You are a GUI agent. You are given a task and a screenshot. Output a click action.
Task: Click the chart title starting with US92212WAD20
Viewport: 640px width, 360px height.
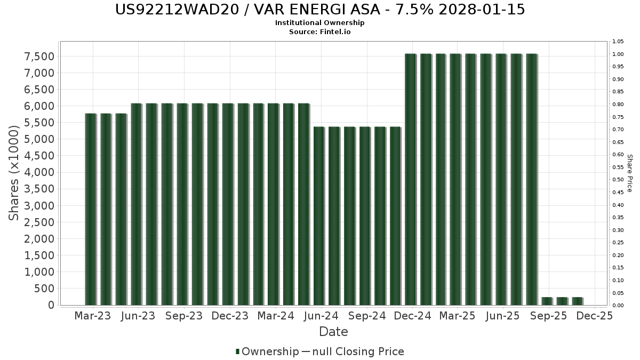click(320, 10)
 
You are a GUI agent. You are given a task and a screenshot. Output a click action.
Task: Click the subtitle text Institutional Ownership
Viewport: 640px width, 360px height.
click(320, 23)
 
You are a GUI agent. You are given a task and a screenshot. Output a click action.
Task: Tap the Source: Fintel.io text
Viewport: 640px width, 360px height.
click(320, 31)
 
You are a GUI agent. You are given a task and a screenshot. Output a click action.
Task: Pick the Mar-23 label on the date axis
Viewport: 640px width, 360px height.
click(93, 316)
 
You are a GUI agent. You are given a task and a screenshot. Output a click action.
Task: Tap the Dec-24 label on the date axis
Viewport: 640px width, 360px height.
click(413, 316)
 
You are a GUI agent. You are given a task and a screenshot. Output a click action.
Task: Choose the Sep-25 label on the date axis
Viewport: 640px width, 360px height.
click(549, 316)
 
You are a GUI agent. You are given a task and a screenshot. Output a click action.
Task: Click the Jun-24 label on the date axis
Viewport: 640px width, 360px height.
click(321, 316)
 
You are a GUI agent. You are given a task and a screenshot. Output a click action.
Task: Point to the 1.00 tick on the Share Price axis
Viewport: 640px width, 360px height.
click(618, 54)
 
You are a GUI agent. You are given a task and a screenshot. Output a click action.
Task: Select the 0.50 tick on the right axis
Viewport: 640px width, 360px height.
click(618, 180)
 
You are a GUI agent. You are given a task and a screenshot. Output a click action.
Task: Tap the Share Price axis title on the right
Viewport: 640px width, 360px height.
click(629, 173)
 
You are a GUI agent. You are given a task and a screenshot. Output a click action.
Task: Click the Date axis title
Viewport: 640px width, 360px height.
click(333, 332)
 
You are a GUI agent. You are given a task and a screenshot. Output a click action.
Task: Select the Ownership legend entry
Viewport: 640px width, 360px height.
click(267, 351)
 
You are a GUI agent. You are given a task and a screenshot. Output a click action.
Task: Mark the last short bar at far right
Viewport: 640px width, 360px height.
click(577, 301)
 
